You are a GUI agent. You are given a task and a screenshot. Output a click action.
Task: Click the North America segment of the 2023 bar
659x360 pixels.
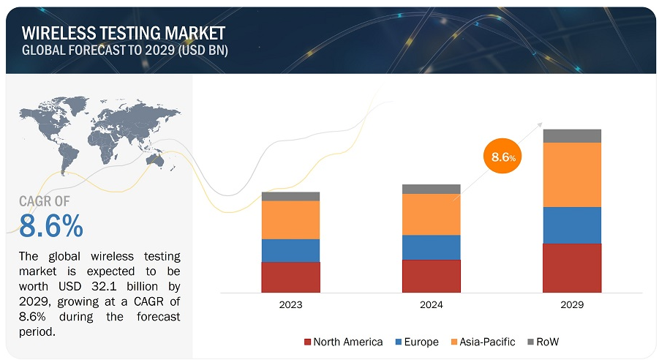[290, 277]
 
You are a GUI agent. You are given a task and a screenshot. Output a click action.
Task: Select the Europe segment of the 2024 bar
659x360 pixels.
[431, 247]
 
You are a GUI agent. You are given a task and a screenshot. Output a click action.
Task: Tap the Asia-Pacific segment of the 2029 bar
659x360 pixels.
[572, 174]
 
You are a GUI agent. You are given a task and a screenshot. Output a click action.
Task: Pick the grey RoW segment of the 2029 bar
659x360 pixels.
[572, 135]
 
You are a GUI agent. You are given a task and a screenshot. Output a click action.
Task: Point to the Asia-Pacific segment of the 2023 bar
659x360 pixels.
[290, 220]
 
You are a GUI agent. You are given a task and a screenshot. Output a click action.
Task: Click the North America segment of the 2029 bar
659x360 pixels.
[572, 268]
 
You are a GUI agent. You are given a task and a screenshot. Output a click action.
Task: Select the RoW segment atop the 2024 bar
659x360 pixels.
[431, 189]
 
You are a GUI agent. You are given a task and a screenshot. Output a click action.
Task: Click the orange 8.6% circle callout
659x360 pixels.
[504, 157]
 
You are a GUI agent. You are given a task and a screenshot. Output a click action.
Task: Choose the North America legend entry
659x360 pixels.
[342, 342]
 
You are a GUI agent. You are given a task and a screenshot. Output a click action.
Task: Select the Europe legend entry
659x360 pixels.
[416, 342]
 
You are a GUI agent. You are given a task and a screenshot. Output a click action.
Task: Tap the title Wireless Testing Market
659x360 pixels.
[124, 32]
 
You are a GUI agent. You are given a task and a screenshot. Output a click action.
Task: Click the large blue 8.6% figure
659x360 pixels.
[51, 227]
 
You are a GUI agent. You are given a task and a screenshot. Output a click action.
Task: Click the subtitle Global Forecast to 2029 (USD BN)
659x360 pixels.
[124, 50]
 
